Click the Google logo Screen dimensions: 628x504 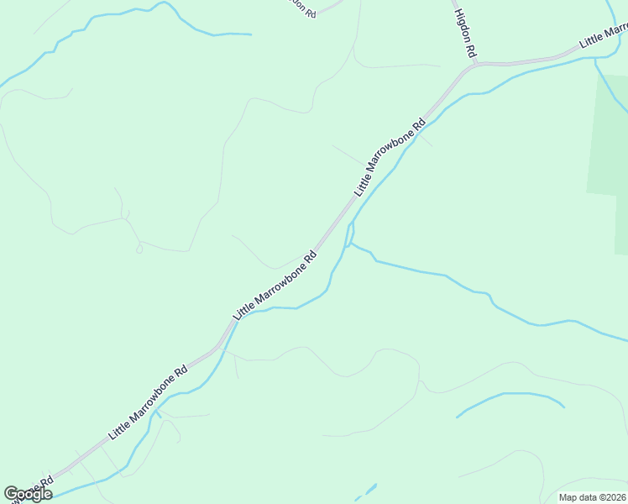click(28, 494)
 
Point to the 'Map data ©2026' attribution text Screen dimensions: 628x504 click(592, 497)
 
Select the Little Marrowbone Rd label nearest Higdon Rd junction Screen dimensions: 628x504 click(390, 157)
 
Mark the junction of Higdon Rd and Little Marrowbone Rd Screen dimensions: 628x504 click(475, 65)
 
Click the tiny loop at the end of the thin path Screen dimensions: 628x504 click(139, 249)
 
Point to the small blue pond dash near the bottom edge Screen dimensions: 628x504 click(366, 491)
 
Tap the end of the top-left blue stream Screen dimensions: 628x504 click(250, 34)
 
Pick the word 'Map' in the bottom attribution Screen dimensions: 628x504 click(568, 497)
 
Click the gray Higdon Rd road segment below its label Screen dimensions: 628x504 click(474, 59)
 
